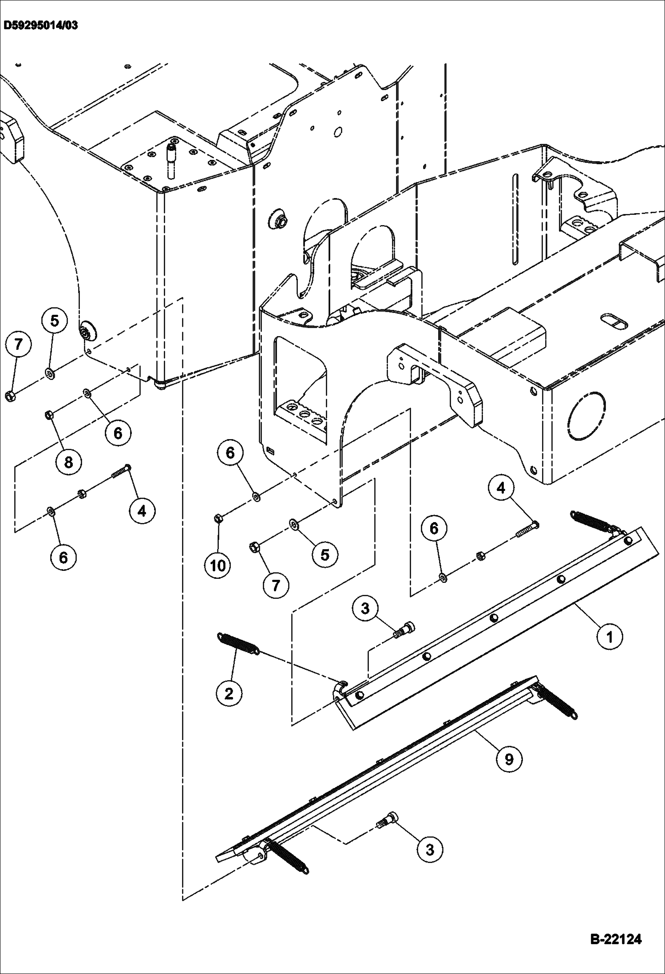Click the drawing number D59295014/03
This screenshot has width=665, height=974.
(40, 25)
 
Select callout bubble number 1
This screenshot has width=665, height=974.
(610, 637)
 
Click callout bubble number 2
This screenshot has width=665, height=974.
(229, 693)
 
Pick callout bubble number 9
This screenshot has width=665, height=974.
(509, 759)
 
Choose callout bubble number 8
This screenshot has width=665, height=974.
(68, 462)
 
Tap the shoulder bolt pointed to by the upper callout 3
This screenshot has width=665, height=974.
(405, 630)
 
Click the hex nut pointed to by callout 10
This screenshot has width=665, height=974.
(218, 517)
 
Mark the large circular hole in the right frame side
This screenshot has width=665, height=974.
(586, 416)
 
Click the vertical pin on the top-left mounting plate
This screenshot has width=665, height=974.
(170, 158)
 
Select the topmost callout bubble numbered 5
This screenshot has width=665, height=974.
(55, 321)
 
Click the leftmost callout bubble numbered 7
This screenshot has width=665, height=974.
(18, 344)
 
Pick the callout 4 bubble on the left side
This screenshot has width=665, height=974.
(142, 511)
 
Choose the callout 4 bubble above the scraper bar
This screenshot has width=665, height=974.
(501, 488)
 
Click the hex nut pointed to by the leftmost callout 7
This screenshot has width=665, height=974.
(11, 396)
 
